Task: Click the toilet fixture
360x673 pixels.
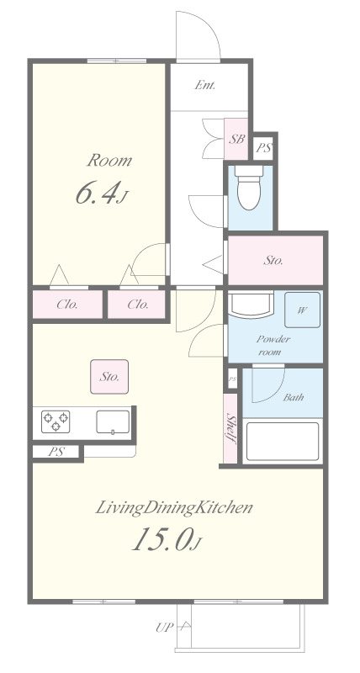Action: click(x=249, y=187)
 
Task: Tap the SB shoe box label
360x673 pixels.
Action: click(x=236, y=139)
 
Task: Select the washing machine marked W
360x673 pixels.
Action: click(x=302, y=310)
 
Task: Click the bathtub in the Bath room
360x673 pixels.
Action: click(x=283, y=442)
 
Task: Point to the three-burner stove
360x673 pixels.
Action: click(x=56, y=421)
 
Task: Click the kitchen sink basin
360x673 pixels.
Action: click(x=113, y=422)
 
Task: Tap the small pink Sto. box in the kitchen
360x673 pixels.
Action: click(x=109, y=376)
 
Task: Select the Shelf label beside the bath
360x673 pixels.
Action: click(x=231, y=428)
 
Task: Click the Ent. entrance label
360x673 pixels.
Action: click(x=204, y=85)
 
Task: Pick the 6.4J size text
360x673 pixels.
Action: click(x=102, y=193)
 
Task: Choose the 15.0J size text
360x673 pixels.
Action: click(x=166, y=539)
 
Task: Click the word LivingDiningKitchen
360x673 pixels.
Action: click(x=173, y=508)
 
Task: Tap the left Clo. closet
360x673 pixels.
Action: click(x=67, y=305)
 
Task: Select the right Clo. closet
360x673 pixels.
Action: click(x=136, y=305)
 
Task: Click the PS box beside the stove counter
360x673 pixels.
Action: click(x=56, y=452)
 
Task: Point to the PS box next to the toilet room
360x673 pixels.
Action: click(x=264, y=148)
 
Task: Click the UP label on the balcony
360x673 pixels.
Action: click(x=164, y=628)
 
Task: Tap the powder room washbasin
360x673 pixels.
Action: click(x=251, y=304)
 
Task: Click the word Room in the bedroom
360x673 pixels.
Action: click(x=109, y=161)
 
